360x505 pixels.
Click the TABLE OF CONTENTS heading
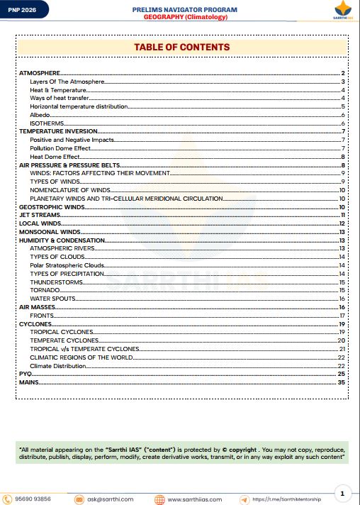[182, 47]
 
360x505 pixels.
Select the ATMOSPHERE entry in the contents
[39, 73]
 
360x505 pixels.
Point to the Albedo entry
[40, 115]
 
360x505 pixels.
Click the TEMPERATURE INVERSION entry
[53, 131]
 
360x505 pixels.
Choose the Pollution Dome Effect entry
[62, 148]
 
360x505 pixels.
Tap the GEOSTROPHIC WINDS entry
[47, 206]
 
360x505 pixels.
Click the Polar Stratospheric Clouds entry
[67, 265]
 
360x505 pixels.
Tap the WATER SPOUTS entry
[52, 298]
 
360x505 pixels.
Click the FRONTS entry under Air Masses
[42, 315]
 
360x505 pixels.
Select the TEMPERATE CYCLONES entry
[64, 340]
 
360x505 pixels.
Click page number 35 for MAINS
[341, 382]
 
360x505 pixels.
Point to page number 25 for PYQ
[341, 373]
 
